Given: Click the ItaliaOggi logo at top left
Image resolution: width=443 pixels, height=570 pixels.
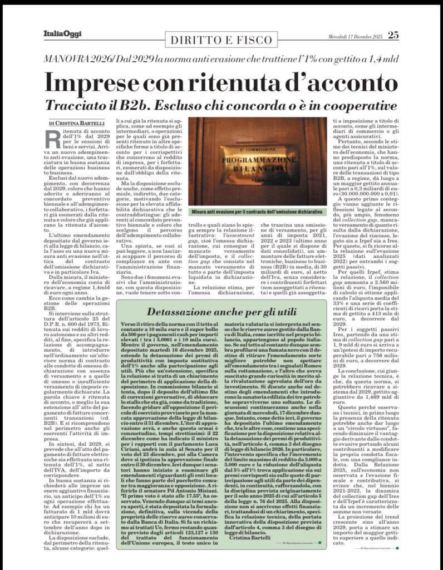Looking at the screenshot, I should [x=62, y=35].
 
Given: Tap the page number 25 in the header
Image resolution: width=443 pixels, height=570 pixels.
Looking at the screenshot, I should [x=393, y=35].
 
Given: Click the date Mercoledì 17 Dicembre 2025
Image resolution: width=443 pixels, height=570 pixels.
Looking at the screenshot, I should [x=355, y=36].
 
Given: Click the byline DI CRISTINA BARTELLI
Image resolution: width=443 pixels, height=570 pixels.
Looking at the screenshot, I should [x=77, y=123].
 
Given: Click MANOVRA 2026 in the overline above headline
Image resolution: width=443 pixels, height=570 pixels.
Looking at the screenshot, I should [x=77, y=59].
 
